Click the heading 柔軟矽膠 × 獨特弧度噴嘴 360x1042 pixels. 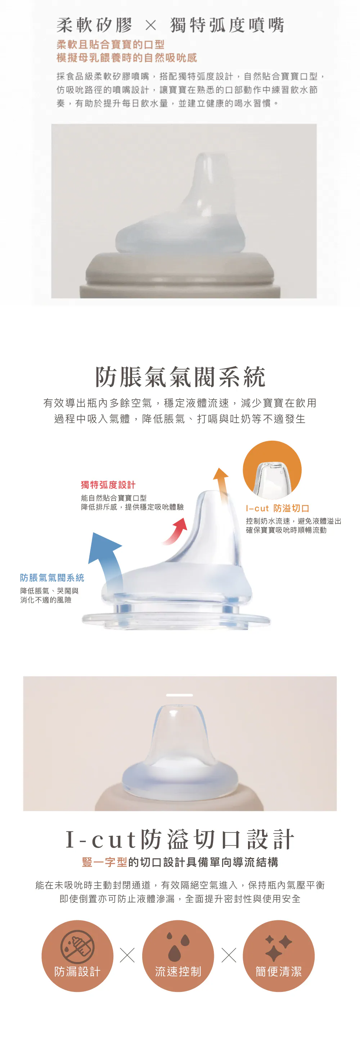[170, 25]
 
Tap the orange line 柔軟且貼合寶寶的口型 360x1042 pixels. [111, 45]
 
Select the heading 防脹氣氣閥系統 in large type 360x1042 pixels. [180, 377]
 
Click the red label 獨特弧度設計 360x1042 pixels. [108, 485]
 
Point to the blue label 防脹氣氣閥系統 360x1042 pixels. [52, 578]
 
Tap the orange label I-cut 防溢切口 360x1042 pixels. [278, 508]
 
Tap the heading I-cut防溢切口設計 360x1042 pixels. [180, 839]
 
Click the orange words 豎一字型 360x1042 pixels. [104, 862]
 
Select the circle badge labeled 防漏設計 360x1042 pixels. [77, 956]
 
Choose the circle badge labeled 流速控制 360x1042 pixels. [178, 956]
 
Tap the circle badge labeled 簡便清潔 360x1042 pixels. [279, 956]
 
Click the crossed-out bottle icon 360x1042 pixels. [77, 947]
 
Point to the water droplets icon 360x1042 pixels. [178, 947]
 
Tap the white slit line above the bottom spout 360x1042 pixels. [179, 695]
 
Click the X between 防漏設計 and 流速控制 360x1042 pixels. [127, 955]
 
